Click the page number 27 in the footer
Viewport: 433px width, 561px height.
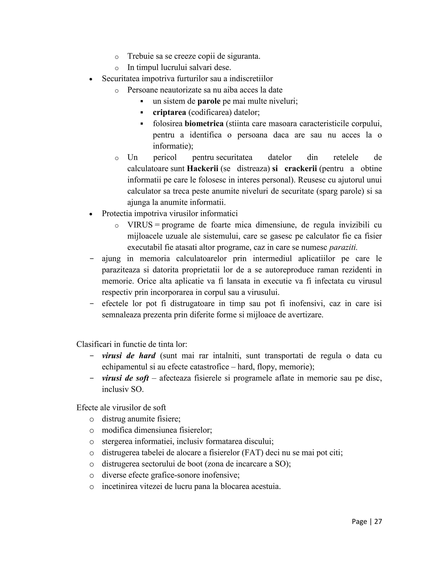378,521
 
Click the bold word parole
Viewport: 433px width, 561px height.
209,101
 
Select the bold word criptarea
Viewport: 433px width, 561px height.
169,112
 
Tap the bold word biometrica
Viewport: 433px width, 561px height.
204,124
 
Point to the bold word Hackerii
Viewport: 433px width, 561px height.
202,169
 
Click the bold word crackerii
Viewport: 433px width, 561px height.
301,169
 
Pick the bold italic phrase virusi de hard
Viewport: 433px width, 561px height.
129,356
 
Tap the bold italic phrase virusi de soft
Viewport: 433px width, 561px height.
125,378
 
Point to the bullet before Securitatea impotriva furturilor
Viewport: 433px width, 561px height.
90,80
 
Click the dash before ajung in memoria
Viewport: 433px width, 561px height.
92,258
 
